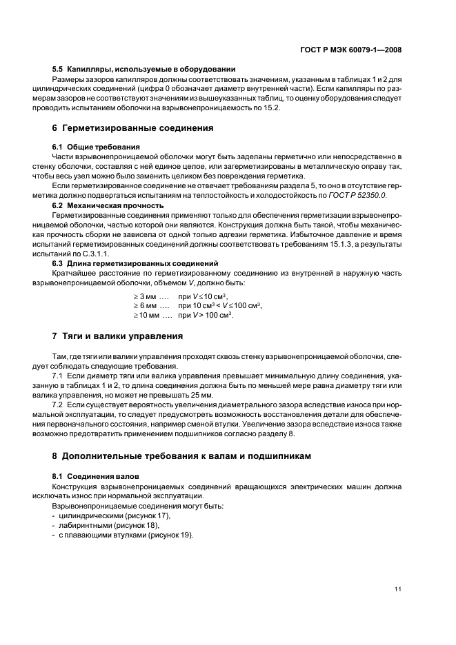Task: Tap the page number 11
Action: (x=398, y=588)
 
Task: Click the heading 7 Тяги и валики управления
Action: (x=117, y=336)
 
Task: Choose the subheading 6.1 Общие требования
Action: (x=96, y=147)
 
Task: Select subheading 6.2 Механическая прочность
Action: (x=108, y=205)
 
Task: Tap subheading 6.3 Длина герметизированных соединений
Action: (x=135, y=263)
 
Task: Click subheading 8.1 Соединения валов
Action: (x=95, y=476)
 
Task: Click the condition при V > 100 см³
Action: (x=206, y=315)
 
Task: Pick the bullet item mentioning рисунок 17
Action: (x=114, y=515)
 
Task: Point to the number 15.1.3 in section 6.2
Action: (x=340, y=244)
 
